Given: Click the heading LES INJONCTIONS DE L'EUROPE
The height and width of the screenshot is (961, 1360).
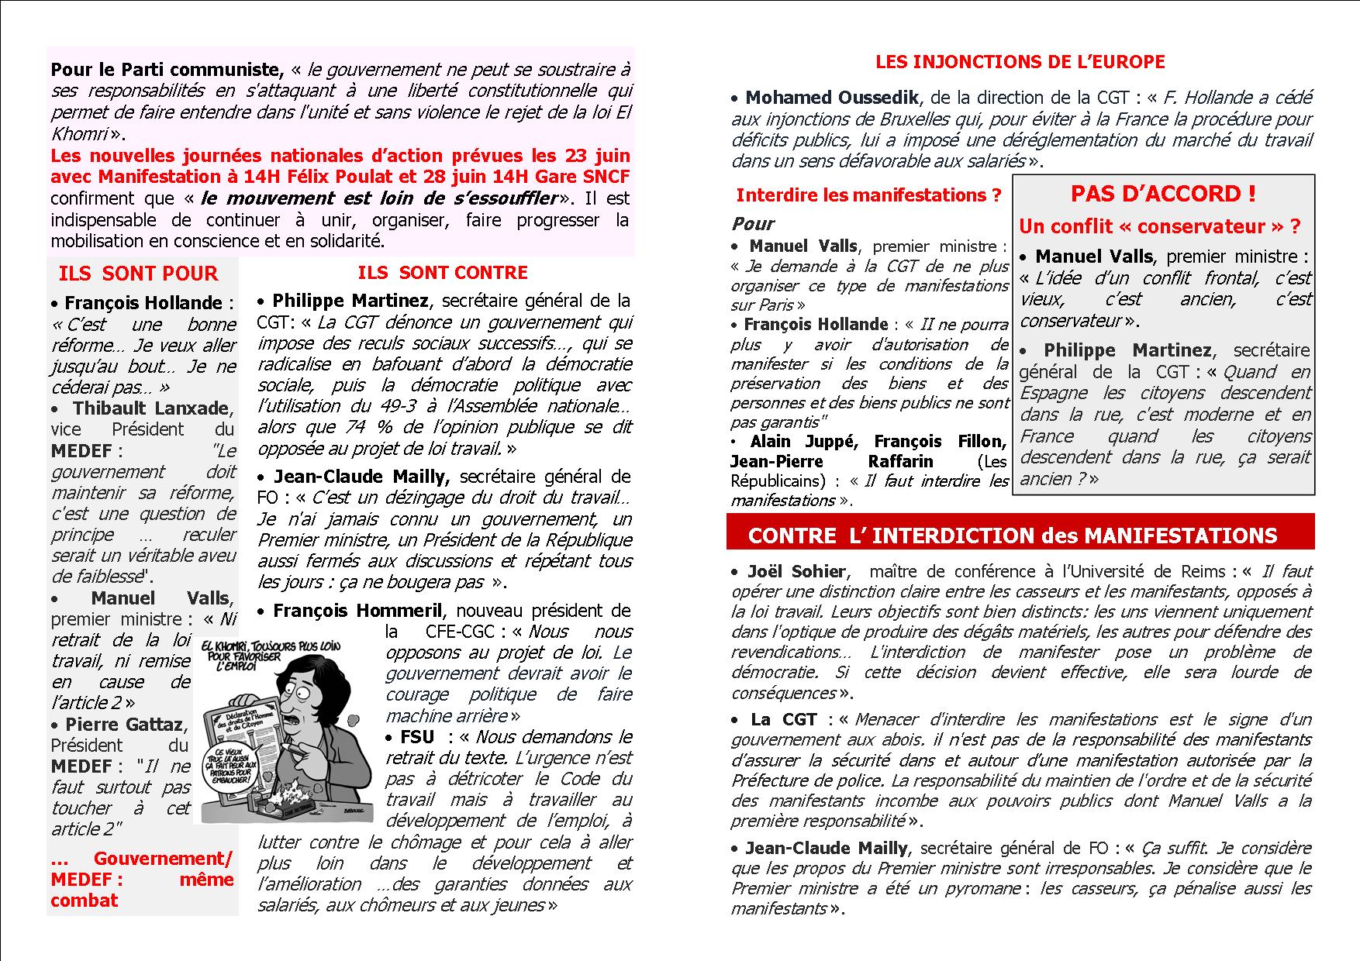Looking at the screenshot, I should [1020, 62].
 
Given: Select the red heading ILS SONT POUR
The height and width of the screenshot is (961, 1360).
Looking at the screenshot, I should [138, 274].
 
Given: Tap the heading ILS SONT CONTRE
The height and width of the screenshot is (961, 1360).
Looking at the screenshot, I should [442, 273].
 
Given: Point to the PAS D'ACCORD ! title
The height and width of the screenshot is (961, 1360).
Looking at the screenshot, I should [1162, 194].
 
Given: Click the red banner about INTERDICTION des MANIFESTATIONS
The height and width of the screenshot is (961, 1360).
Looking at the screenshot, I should [1012, 536].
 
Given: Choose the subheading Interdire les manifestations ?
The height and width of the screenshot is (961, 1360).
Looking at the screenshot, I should [868, 195].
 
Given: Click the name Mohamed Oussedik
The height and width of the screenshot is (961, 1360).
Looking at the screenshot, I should [832, 98].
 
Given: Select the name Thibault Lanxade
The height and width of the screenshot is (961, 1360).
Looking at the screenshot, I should [151, 408].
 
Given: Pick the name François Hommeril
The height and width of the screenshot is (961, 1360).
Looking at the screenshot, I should [357, 611].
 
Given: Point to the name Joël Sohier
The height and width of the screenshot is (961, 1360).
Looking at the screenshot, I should [796, 572].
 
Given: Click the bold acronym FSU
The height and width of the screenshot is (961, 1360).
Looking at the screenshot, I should [417, 737].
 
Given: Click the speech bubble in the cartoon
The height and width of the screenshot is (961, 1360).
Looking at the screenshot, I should [230, 768].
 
